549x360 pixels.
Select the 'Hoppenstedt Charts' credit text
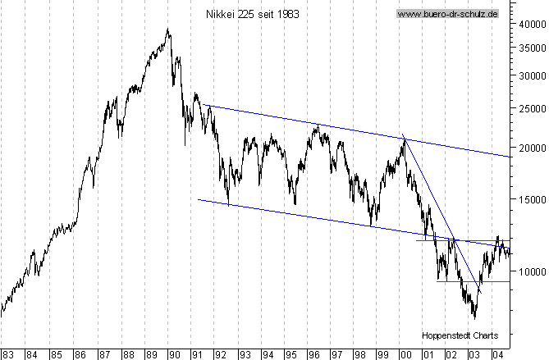click(x=460, y=336)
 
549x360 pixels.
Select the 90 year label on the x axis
click(x=173, y=354)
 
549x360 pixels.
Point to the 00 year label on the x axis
click(x=405, y=354)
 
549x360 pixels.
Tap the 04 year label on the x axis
click(x=497, y=354)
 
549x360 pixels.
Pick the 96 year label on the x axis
click(x=313, y=354)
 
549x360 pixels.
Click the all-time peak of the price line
click(x=167, y=30)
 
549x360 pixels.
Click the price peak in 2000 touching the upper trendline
click(x=404, y=139)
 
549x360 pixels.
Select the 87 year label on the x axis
click(x=103, y=354)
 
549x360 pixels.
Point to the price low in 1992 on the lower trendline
click(x=227, y=204)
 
